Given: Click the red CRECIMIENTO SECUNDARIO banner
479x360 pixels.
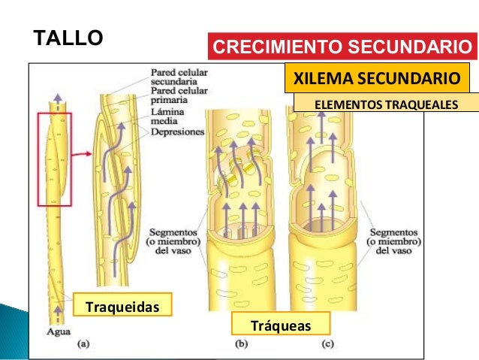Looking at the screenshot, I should [344, 48].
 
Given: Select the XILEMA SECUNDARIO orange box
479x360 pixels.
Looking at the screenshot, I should [375, 78].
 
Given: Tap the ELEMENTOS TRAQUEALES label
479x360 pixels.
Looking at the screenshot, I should [385, 103].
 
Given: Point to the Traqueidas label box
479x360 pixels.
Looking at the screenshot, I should [122, 307].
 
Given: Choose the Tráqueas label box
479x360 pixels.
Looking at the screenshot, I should [281, 325].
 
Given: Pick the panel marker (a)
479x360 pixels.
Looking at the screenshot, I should [83, 345].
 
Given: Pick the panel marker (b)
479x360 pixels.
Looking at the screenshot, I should [243, 345].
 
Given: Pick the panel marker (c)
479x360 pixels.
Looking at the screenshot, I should [327, 345].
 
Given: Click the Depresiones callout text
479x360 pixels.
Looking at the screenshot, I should [177, 131].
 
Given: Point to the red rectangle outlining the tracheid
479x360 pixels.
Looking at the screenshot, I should [55, 159].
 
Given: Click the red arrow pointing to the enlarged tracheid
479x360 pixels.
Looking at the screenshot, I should [82, 154].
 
